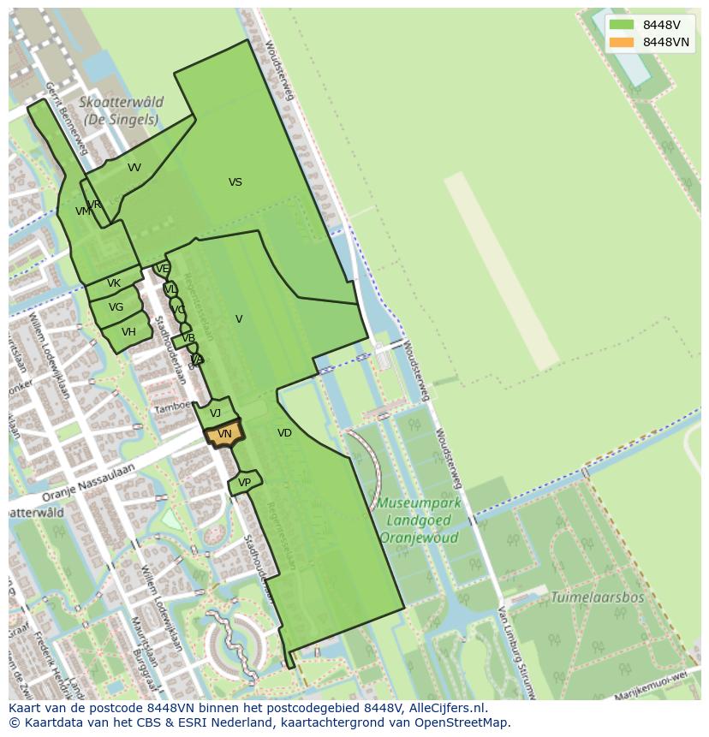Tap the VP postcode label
click(x=244, y=483)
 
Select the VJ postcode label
click(x=215, y=413)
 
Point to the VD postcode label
click(x=284, y=433)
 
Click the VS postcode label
click(x=235, y=182)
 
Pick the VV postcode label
click(x=134, y=168)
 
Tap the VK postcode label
click(x=114, y=283)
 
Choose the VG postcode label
click(x=116, y=307)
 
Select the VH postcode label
click(x=128, y=332)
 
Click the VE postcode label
click(x=162, y=269)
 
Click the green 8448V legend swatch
click(x=623, y=26)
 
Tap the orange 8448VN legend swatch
click(x=623, y=42)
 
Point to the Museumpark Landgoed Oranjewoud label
click(x=420, y=520)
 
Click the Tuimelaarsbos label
click(x=597, y=597)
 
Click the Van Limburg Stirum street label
click(x=514, y=651)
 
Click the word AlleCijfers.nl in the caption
click(x=446, y=708)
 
